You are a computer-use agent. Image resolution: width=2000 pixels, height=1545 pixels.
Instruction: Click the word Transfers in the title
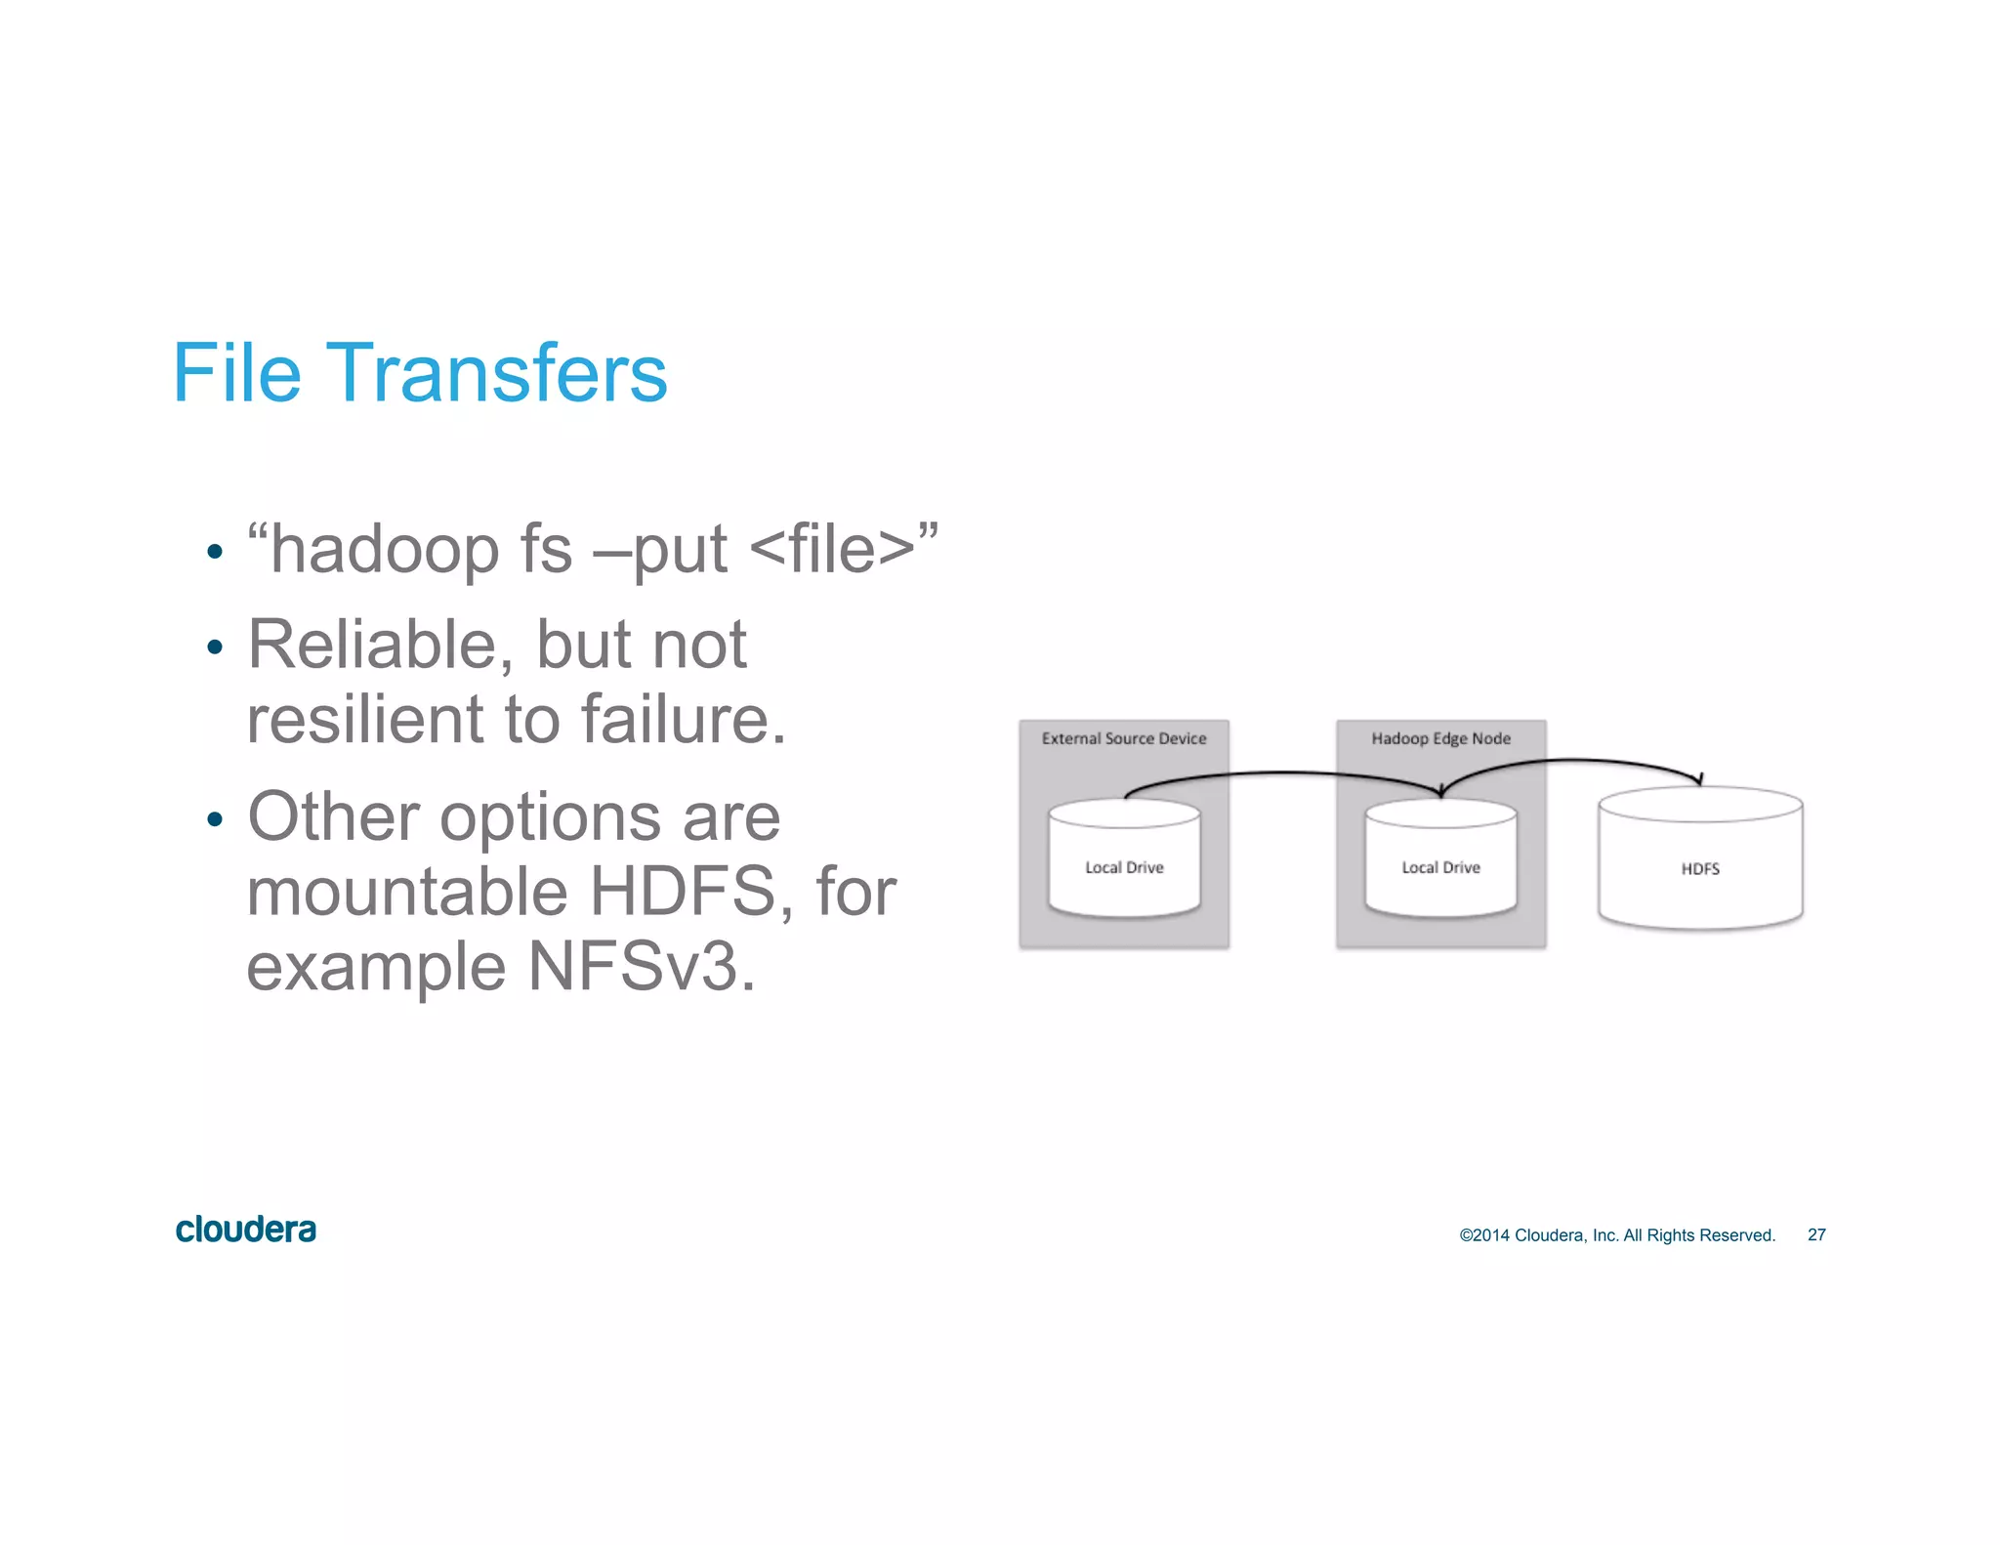click(497, 373)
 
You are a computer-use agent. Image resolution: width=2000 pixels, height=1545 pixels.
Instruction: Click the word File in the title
click(236, 373)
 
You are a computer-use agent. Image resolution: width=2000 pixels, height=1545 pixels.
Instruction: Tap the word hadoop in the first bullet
click(385, 550)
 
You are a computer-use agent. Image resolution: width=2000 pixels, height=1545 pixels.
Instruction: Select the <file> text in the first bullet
click(832, 550)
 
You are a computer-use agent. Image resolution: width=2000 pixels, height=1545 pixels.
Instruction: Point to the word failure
click(683, 720)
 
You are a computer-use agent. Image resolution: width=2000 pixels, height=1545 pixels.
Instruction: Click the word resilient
click(364, 720)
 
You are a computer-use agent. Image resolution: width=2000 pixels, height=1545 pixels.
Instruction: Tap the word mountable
click(406, 892)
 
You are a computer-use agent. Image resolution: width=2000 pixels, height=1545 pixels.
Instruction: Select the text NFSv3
click(642, 967)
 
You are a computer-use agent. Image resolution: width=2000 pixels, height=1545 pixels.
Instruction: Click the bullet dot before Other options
click(216, 818)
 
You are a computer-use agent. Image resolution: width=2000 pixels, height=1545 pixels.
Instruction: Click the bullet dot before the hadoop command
click(216, 553)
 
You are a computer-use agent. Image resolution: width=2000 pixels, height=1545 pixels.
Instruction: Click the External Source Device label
click(1123, 738)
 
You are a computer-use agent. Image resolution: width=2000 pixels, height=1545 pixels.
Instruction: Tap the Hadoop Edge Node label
click(1440, 738)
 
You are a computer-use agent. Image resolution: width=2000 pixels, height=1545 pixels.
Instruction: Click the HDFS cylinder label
click(1700, 868)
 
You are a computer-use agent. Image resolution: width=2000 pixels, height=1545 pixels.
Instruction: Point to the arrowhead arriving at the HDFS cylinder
click(1699, 779)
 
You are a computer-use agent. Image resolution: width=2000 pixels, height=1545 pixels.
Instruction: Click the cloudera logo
click(245, 1230)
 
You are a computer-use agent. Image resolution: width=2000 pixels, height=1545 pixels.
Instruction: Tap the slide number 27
click(1816, 1234)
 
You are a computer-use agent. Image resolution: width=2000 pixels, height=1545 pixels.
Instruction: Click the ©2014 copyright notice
click(1616, 1234)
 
